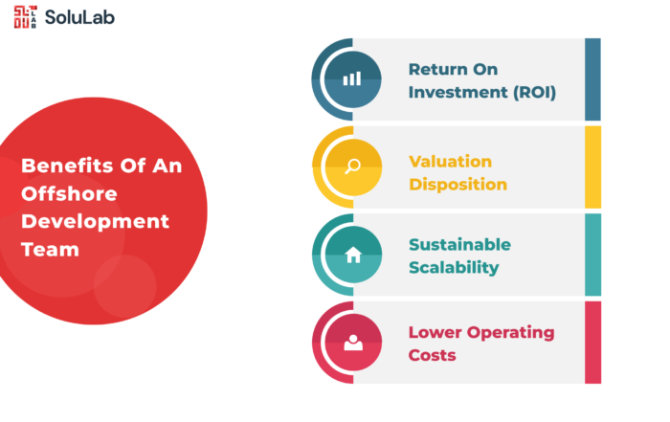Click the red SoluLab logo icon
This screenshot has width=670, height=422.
pos(25,17)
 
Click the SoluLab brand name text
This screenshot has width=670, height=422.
pos(79,17)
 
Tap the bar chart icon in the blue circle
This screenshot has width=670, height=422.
pos(352,78)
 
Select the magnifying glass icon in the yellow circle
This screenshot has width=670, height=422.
pos(352,167)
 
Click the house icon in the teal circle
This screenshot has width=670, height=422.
pos(353,255)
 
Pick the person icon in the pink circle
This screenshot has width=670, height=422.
pos(353,343)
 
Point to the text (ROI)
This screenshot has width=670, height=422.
pos(534,92)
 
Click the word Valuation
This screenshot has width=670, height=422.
pos(451,162)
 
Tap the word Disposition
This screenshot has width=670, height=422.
pos(458,185)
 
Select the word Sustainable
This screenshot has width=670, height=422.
pos(459,245)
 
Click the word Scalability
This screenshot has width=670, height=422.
pos(454,268)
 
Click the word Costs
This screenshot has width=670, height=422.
pos(432,355)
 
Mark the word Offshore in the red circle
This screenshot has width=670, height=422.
pos(69,194)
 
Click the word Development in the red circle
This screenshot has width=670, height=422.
pos(96,222)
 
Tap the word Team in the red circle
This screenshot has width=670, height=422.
pos(50,250)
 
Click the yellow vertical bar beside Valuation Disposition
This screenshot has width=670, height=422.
pos(592,167)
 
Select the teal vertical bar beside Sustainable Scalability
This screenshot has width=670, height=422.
pos(592,255)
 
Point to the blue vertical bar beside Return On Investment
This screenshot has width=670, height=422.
pos(592,79)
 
